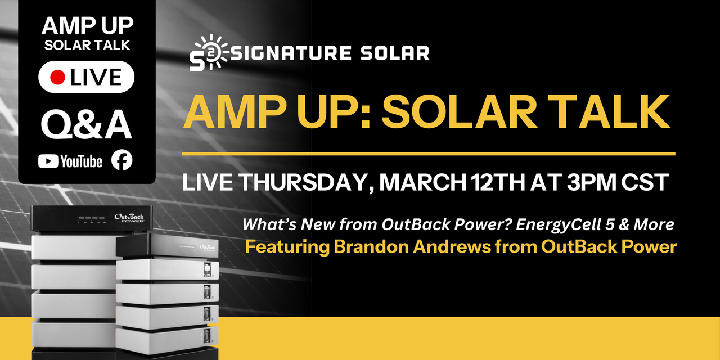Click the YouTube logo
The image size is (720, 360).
(x=70, y=161)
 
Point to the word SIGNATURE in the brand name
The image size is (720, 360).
(x=282, y=53)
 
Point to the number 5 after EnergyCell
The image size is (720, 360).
(x=595, y=224)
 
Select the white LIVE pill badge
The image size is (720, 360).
(x=86, y=77)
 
